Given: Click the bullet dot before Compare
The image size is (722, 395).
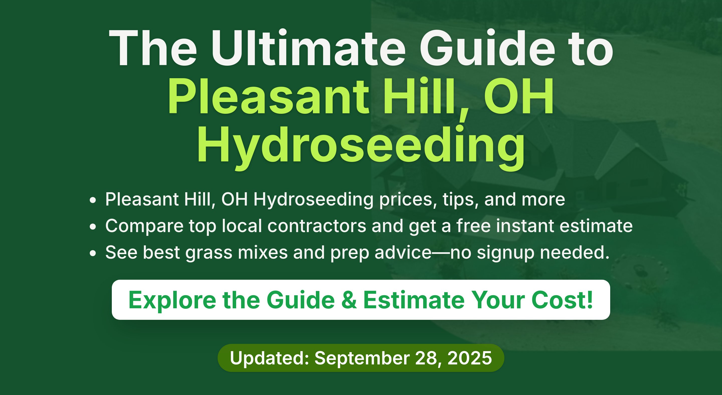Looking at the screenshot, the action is [93, 227].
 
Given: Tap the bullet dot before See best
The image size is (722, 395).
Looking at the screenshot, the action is [93, 253].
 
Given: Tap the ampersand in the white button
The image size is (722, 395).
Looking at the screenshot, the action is [349, 300].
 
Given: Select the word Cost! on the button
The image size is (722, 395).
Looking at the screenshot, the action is [562, 300].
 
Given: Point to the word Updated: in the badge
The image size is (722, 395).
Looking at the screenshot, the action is [269, 358].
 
